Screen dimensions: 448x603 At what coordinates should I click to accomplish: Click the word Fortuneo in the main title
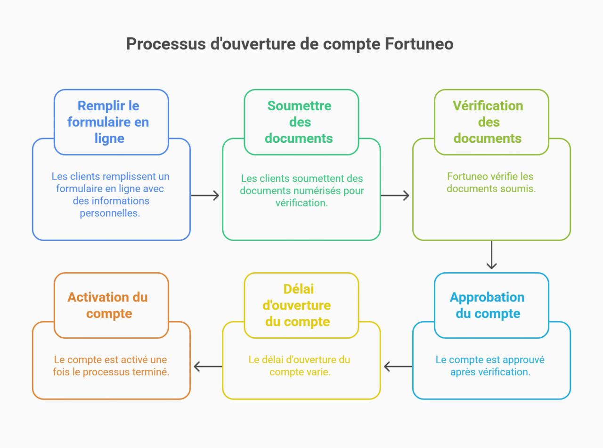pos(419,44)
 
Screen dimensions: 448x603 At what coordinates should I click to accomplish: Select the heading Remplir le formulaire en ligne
pos(109,122)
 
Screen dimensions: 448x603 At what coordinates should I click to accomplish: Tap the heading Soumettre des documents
pos(300,122)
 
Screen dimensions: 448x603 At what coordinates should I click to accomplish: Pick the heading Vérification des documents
pos(488,122)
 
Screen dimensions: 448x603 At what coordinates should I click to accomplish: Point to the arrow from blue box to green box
pos(205,195)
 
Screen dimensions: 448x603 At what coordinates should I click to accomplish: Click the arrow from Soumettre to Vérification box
pos(395,195)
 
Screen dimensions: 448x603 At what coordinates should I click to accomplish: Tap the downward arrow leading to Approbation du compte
pos(491,255)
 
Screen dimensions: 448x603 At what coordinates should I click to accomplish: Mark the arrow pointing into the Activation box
pos(208,366)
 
